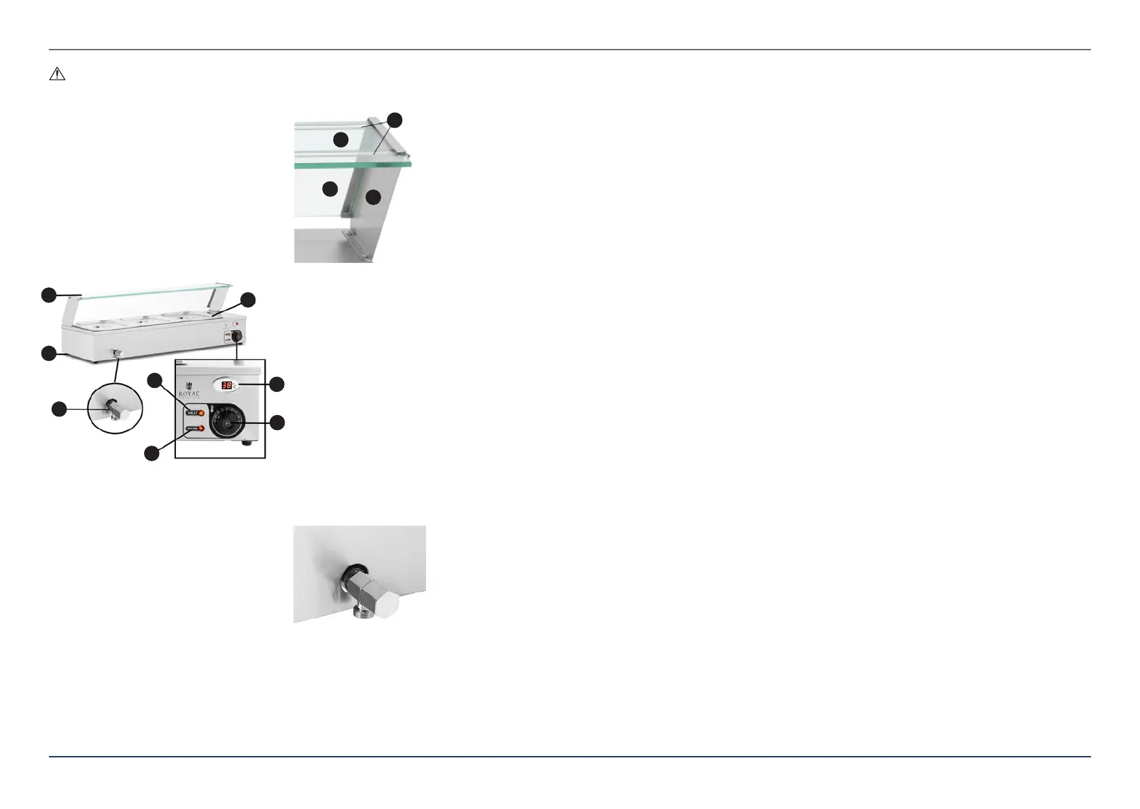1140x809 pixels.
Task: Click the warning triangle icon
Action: click(57, 74)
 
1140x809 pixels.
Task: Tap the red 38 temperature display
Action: click(227, 385)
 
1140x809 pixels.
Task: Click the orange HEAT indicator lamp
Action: click(201, 412)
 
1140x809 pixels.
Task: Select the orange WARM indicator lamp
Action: click(201, 428)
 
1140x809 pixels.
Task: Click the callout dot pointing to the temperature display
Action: click(277, 384)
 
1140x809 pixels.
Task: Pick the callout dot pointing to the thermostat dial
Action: click(277, 423)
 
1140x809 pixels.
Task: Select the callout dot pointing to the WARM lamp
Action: click(152, 453)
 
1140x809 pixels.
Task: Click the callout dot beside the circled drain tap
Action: click(60, 409)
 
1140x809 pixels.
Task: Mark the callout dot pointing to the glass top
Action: click(48, 295)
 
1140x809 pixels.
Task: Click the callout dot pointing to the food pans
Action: click(249, 300)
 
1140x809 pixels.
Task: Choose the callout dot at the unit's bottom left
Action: click(48, 353)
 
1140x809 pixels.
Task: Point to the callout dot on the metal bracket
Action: click(372, 198)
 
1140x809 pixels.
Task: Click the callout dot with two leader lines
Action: click(395, 121)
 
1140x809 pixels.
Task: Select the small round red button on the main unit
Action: click(236, 323)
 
